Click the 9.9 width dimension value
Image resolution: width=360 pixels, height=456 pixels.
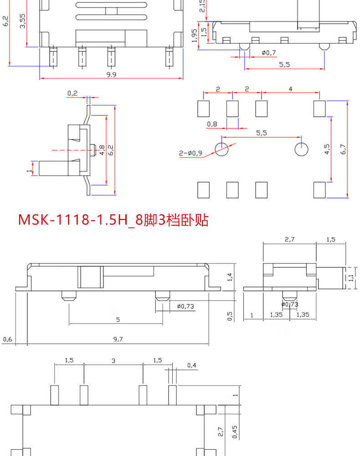pyautogui.click(x=111, y=74)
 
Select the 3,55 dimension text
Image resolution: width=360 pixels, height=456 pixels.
pyautogui.click(x=23, y=21)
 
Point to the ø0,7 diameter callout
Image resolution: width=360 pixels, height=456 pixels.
pyautogui.click(x=269, y=53)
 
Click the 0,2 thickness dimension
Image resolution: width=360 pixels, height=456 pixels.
pyautogui.click(x=72, y=93)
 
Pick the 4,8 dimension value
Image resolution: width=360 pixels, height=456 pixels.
pyautogui.click(x=102, y=150)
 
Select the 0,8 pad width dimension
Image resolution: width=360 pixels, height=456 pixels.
pyautogui.click(x=212, y=124)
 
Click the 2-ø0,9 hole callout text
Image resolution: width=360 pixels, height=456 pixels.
pyautogui.click(x=190, y=153)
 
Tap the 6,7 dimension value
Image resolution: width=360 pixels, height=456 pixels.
pyautogui.click(x=343, y=149)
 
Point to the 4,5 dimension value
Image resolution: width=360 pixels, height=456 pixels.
pyautogui.click(x=327, y=149)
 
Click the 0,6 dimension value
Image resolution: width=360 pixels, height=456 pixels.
pyautogui.click(x=7, y=339)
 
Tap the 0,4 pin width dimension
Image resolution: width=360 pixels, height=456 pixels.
pyautogui.click(x=192, y=365)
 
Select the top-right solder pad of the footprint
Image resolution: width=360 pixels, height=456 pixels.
pyautogui.click(x=319, y=108)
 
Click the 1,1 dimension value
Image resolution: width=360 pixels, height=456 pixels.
pyautogui.click(x=351, y=278)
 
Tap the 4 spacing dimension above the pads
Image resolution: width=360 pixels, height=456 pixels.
pyautogui.click(x=290, y=89)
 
